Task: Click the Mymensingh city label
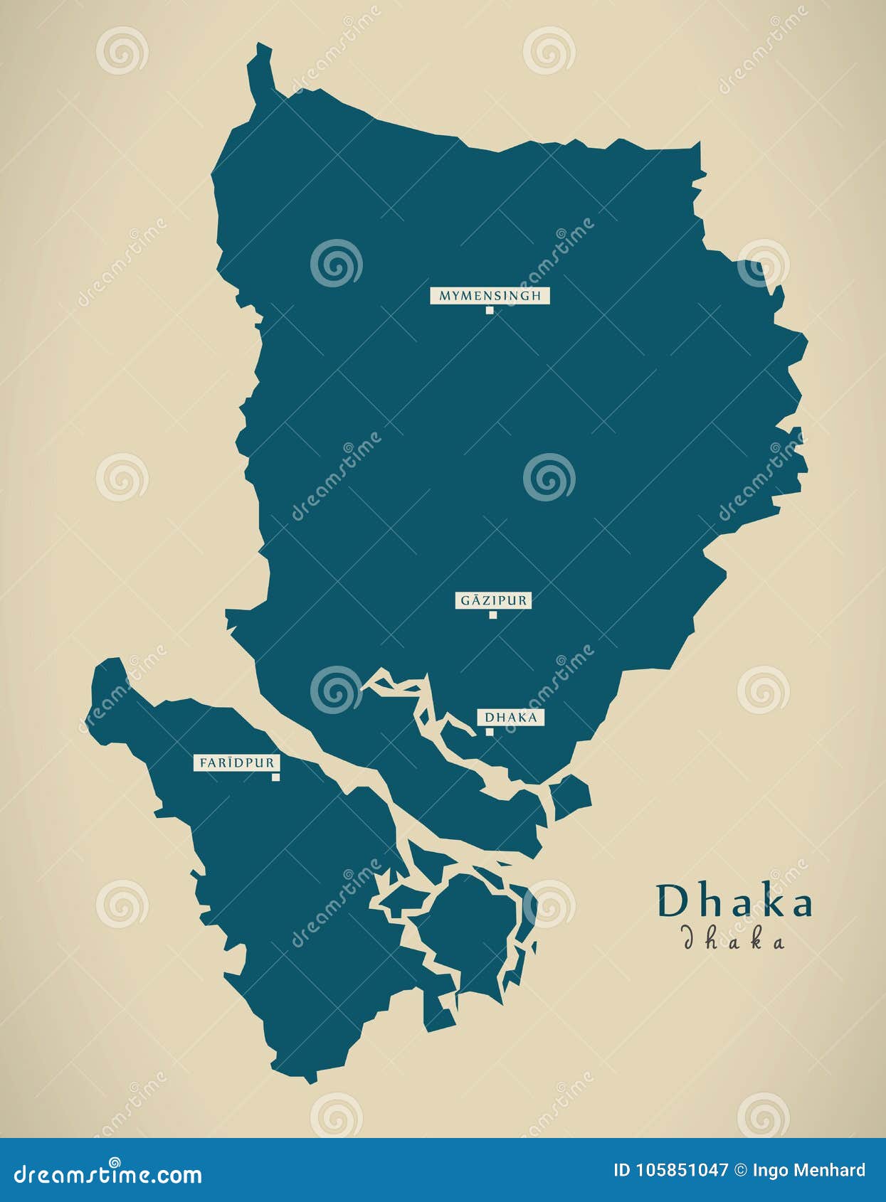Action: pos(490,295)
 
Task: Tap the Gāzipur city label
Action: pos(492,600)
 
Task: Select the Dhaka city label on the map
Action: pos(510,717)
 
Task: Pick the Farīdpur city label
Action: pos(236,762)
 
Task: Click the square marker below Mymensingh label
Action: pos(490,310)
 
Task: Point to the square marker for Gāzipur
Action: pos(492,615)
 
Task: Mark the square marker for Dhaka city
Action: pos(490,731)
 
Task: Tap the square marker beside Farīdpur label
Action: pos(275,777)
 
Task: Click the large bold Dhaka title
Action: pos(734,903)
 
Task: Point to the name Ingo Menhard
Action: pos(809,1171)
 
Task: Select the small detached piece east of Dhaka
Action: pos(571,796)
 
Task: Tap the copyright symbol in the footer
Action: pos(741,1171)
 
